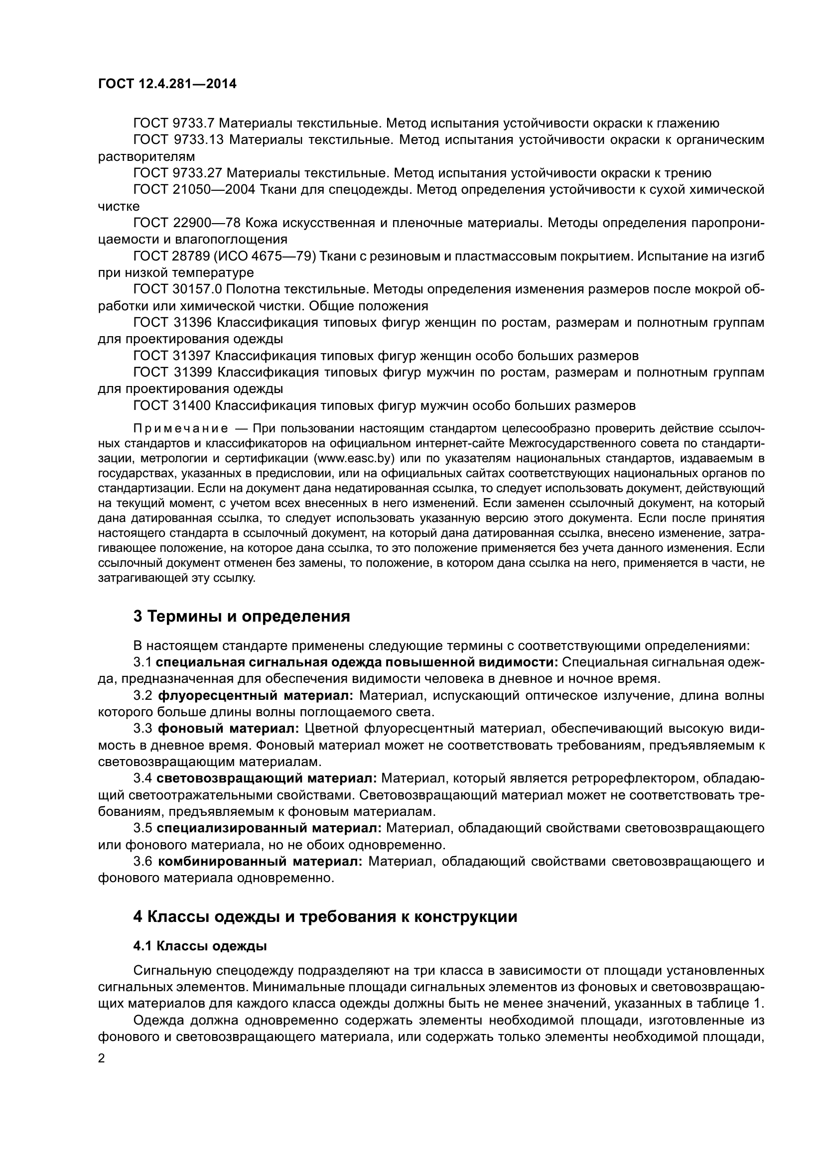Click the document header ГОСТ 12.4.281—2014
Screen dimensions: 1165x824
coord(167,84)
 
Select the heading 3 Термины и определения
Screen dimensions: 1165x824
coord(242,617)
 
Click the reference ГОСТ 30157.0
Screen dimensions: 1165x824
coord(177,289)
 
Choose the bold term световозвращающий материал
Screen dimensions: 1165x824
coord(267,778)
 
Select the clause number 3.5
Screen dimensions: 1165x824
coord(142,829)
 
